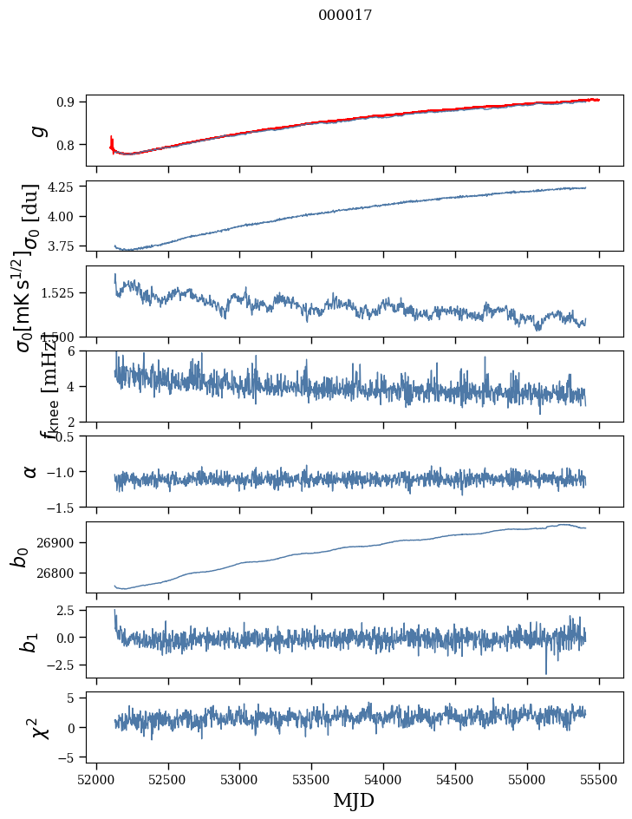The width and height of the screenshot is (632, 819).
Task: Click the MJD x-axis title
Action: point(354,800)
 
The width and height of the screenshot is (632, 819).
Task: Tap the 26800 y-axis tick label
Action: point(61,573)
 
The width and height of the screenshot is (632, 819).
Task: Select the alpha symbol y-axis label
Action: point(31,471)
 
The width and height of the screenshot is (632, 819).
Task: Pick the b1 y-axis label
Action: point(30,643)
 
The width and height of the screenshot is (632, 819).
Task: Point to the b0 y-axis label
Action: point(19,557)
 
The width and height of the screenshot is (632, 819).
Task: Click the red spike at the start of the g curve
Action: point(112,141)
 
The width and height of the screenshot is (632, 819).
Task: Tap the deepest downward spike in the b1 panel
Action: point(546,672)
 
